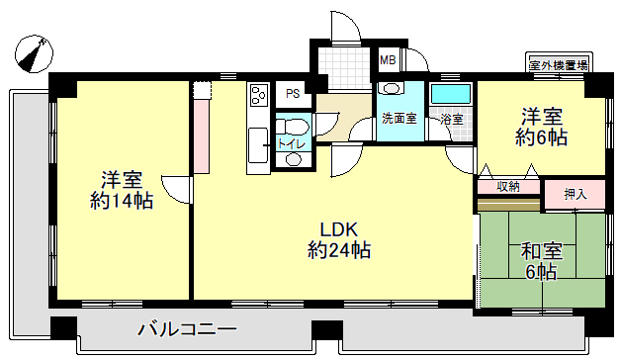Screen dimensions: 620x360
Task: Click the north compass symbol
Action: point(34,53)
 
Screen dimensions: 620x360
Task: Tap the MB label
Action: point(388,60)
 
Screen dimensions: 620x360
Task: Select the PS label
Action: point(293,94)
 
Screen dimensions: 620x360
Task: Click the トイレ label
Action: point(292,143)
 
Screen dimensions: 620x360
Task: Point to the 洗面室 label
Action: point(399,119)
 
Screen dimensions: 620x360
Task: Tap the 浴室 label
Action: point(452,119)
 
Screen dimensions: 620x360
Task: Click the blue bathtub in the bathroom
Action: point(451,94)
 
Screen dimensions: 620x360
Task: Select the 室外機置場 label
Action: point(559,65)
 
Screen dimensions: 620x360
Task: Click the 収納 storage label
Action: point(508,187)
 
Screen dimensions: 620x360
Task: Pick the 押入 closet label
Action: point(576,194)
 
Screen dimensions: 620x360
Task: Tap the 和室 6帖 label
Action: point(541,261)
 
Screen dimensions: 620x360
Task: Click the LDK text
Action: point(338,229)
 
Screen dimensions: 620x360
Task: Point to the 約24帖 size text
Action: point(339,250)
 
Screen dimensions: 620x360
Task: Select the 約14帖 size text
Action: point(122,201)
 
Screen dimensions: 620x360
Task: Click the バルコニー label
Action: point(187,329)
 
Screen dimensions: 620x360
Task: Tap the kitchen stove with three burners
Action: point(259,95)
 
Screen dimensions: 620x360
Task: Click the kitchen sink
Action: point(258,145)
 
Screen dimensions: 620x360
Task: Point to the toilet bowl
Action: point(293,127)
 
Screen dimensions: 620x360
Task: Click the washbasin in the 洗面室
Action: point(391,88)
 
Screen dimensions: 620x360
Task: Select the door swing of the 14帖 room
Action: point(176,190)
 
